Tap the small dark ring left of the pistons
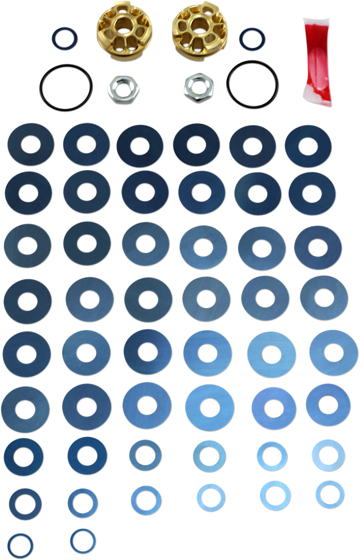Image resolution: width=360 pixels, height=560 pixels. tap(64, 38)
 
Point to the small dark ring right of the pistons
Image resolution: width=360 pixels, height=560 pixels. tap(252, 40)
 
